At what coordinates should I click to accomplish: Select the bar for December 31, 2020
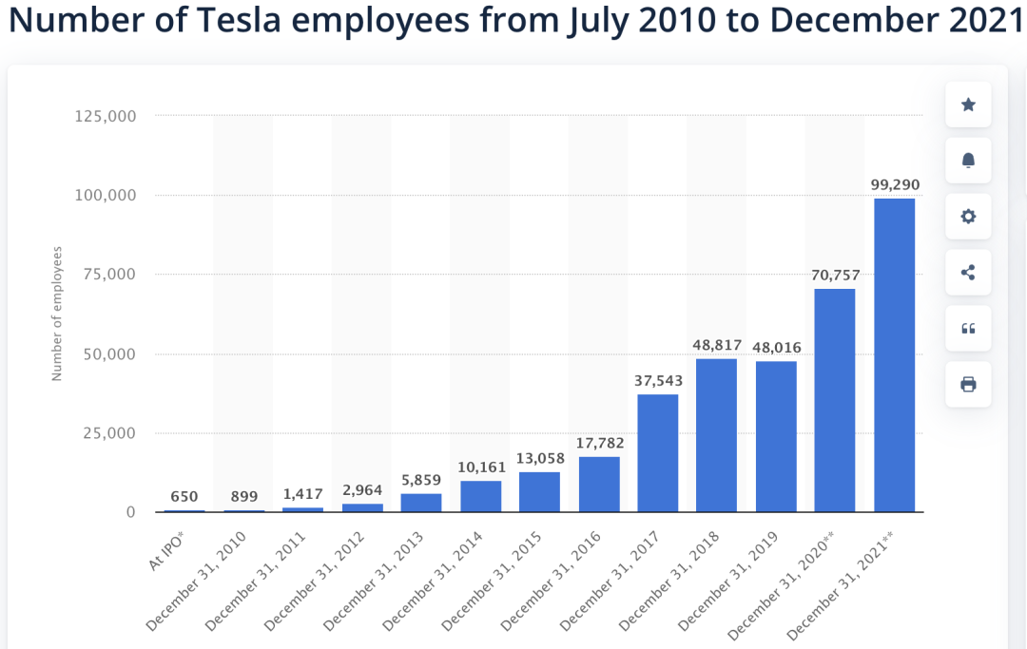[835, 400]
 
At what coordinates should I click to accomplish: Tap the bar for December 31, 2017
[658, 452]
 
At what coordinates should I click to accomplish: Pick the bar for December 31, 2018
[717, 435]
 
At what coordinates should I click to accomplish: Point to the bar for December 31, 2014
[481, 496]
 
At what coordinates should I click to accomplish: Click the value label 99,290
[895, 183]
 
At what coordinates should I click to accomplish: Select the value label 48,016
[776, 346]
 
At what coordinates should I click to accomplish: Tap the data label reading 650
[184, 496]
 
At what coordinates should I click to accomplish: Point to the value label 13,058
[540, 457]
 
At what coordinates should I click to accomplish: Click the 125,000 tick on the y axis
[105, 116]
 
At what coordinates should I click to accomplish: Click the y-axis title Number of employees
[57, 314]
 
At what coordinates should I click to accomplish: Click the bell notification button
[968, 161]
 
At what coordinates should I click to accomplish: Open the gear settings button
[968, 217]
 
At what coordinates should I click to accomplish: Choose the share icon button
[968, 273]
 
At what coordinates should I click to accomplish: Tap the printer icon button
[968, 384]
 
